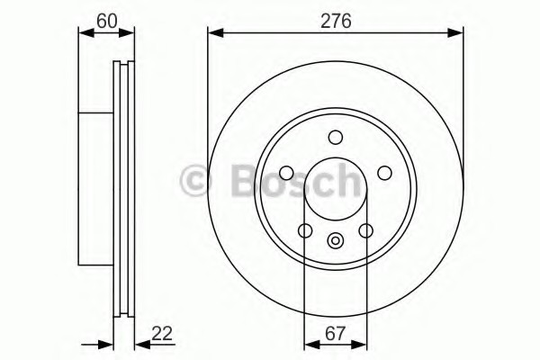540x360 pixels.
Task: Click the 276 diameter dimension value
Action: coord(336,21)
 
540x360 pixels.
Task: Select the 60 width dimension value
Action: coord(107,21)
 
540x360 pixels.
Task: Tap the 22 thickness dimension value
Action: coord(161,333)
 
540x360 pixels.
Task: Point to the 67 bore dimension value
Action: coord(335,333)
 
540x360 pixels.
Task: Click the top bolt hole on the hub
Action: coord(336,137)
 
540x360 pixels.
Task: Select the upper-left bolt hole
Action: coord(286,173)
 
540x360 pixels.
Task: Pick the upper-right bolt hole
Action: coord(384,173)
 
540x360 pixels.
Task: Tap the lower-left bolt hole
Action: coord(305,230)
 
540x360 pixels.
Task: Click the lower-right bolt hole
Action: coord(365,230)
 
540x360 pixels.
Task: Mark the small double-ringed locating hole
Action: coord(335,240)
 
